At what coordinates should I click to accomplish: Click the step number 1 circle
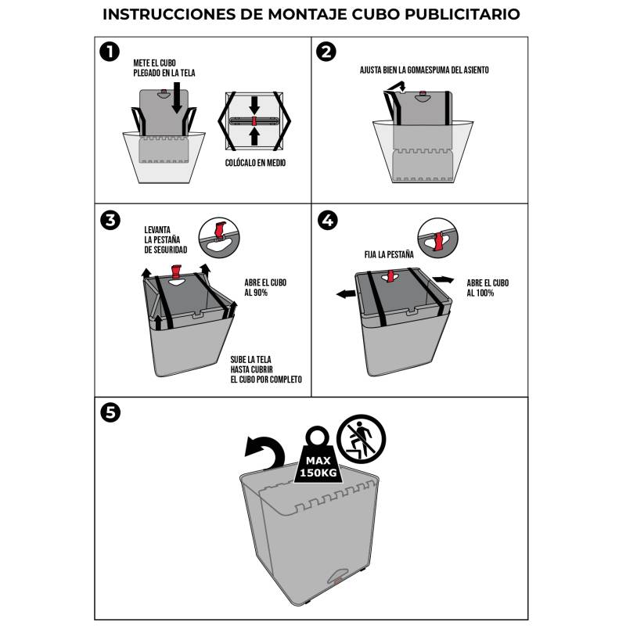[x=110, y=52]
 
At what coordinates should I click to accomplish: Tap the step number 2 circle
[x=326, y=52]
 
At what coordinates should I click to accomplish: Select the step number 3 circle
[x=110, y=221]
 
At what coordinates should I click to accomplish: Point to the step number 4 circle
[x=327, y=221]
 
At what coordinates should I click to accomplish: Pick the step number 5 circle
[x=110, y=412]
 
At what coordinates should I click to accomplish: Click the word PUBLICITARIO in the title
[x=462, y=14]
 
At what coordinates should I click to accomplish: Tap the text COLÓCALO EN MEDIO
[x=256, y=163]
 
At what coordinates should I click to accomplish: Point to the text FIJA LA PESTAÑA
[x=389, y=255]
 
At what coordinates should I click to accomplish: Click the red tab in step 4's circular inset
[x=438, y=241]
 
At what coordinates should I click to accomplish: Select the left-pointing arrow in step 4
[x=346, y=294]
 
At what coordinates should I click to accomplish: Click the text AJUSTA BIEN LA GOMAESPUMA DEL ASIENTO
[x=424, y=70]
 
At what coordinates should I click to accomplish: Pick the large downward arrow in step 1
[x=177, y=98]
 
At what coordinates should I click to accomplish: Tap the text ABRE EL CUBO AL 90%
[x=265, y=287]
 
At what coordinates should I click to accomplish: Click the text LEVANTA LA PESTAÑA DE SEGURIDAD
[x=166, y=240]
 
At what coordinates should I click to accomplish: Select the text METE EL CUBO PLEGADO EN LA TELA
[x=164, y=68]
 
